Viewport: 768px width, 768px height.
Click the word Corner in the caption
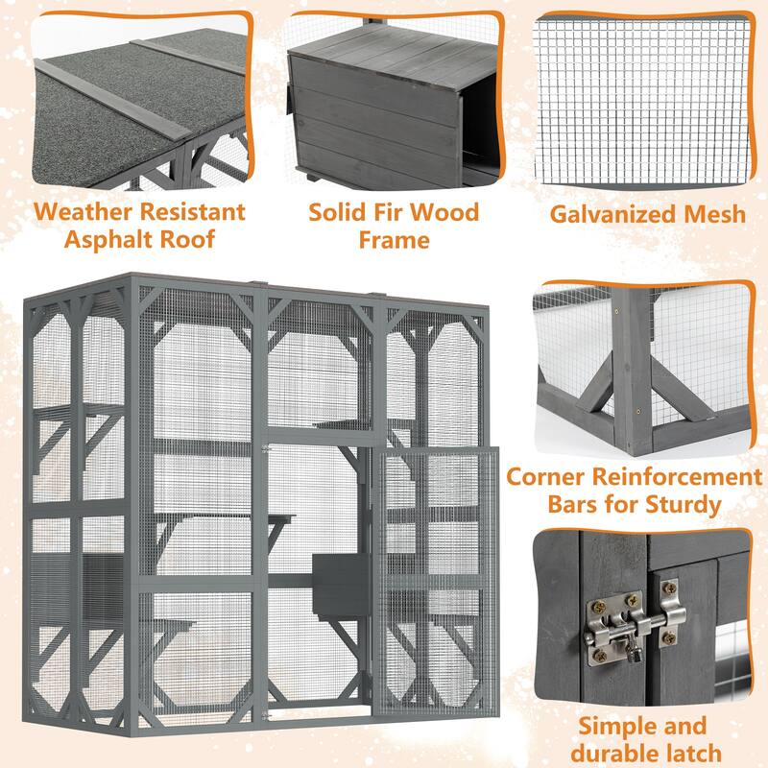pyautogui.click(x=545, y=477)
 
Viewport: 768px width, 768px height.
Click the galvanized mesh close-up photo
pyautogui.click(x=640, y=101)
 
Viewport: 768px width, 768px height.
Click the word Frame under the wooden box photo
pyautogui.click(x=394, y=239)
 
